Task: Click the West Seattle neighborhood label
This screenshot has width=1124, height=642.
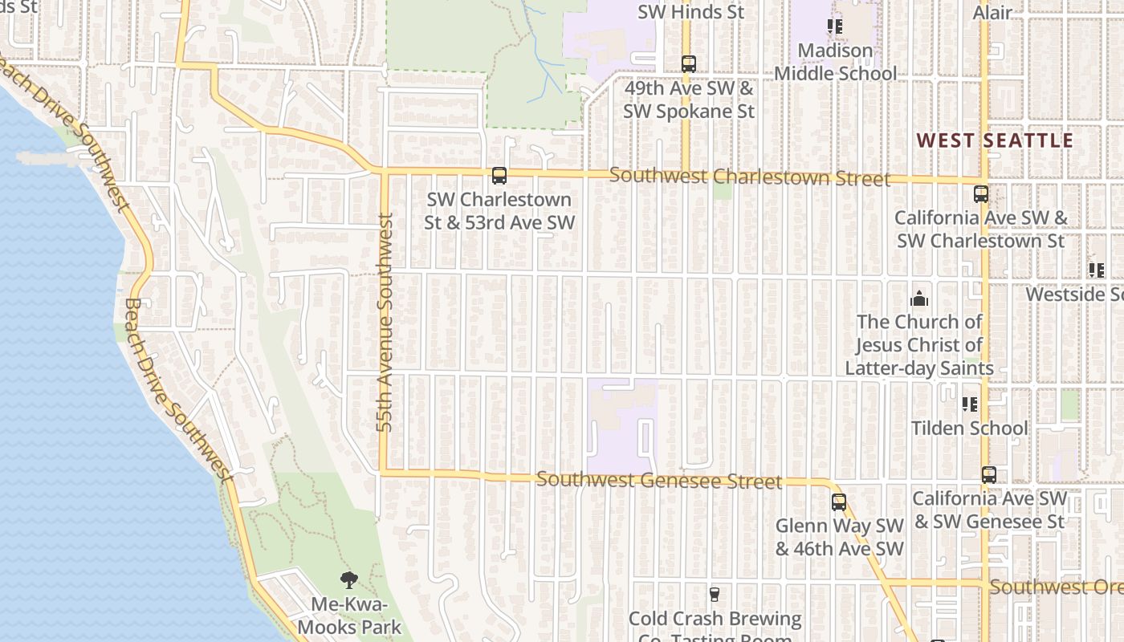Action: pos(995,140)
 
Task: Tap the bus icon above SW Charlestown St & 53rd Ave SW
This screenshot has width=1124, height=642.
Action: pos(499,176)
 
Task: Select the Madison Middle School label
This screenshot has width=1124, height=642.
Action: pos(835,62)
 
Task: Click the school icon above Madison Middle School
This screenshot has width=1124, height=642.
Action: pos(835,26)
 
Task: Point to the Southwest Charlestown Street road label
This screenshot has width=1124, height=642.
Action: pos(750,177)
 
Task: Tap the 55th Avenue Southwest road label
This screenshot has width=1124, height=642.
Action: pos(385,322)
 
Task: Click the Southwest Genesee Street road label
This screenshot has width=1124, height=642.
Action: pos(658,480)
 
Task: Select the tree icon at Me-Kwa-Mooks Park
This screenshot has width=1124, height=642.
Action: pos(348,579)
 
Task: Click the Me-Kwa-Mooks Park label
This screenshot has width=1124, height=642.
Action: pos(349,616)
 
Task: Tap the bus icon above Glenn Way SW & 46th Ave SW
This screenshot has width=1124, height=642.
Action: pos(839,502)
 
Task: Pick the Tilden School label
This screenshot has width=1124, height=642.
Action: pos(969,428)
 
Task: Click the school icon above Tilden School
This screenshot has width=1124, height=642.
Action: pos(969,404)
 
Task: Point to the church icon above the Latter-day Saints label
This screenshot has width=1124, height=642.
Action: pos(919,299)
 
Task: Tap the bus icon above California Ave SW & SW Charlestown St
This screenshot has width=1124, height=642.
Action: pos(981,193)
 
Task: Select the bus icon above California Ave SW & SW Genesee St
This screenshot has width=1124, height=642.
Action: pos(989,474)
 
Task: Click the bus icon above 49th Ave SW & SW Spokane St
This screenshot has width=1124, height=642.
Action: pos(689,64)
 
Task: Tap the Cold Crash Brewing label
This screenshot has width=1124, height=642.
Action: pos(715,620)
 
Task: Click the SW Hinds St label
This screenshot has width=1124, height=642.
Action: pos(691,12)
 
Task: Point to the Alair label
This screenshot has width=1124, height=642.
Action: pos(992,12)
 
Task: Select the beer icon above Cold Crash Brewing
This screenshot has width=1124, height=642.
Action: pos(715,595)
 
